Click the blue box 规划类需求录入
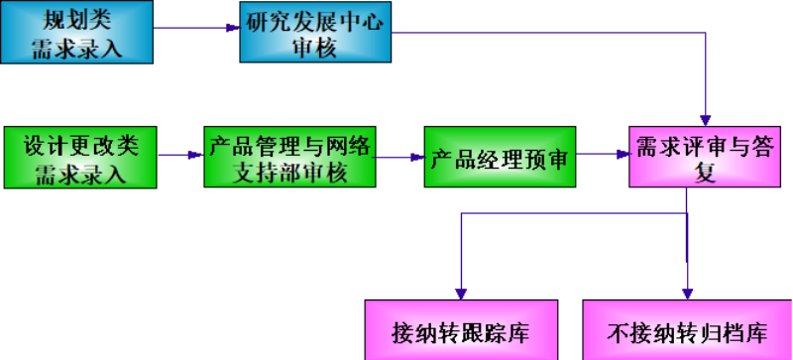pos(78,32)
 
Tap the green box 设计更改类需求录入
pos(79,158)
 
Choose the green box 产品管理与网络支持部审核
pos(289,158)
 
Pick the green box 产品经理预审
pos(502,158)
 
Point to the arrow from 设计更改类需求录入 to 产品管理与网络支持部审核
pos(179,156)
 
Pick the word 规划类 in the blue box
pos(78,19)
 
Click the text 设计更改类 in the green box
pos(79,145)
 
